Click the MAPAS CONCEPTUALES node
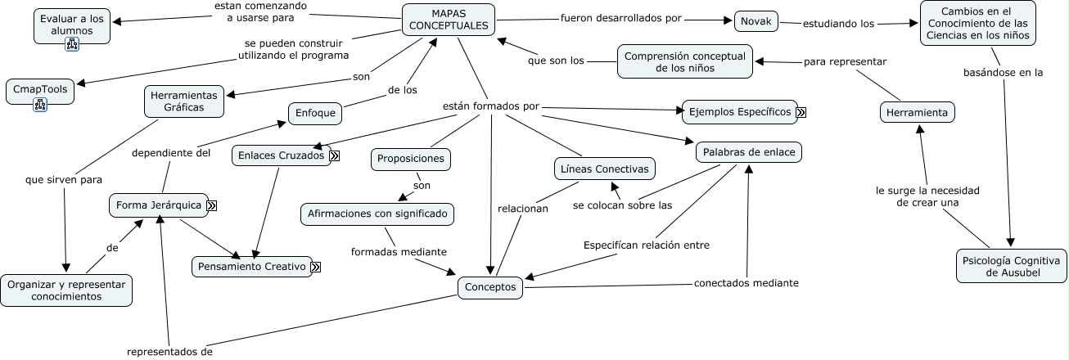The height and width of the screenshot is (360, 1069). tap(449, 20)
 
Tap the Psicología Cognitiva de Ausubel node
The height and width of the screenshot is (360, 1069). tap(1012, 266)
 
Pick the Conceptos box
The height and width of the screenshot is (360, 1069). tap(490, 287)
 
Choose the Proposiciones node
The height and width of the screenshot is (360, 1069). tap(411, 159)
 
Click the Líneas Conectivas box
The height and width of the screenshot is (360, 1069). tap(604, 169)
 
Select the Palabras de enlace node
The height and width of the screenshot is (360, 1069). tap(749, 152)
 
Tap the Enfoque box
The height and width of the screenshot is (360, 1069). tap(314, 113)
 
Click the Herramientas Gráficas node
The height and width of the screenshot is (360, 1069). tap(184, 101)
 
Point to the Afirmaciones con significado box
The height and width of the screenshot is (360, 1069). tap(377, 214)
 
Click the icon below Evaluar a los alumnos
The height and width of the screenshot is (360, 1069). tap(72, 45)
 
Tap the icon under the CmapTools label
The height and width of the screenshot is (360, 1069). tap(40, 104)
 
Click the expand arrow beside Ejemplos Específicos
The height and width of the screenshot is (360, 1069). tap(801, 113)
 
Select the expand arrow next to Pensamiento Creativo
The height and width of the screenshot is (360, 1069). tap(315, 267)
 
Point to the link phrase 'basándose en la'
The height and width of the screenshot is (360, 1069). tap(1004, 72)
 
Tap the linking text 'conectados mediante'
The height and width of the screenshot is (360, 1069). tap(746, 283)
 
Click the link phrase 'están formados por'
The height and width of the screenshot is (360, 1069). tap(490, 106)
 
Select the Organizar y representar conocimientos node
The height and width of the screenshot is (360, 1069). tap(65, 290)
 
